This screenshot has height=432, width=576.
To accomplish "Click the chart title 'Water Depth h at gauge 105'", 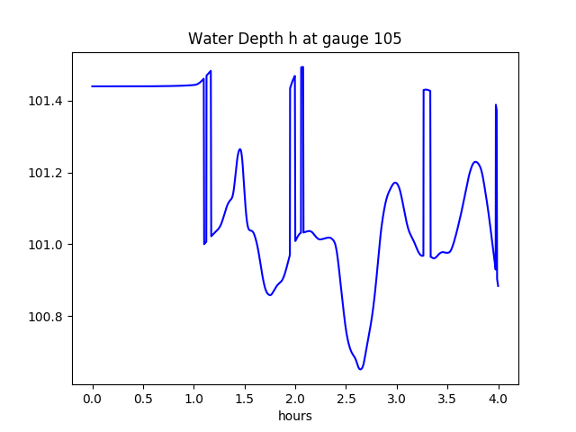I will coord(294,39).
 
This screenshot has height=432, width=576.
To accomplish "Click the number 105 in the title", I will coord(389,39).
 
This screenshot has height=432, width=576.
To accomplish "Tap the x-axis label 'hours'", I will coord(294,416).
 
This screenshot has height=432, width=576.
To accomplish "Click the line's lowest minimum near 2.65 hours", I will coord(360,368).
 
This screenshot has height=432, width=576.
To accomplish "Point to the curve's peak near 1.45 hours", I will coord(239,149).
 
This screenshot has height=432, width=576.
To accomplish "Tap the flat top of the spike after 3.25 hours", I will coord(427,90).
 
